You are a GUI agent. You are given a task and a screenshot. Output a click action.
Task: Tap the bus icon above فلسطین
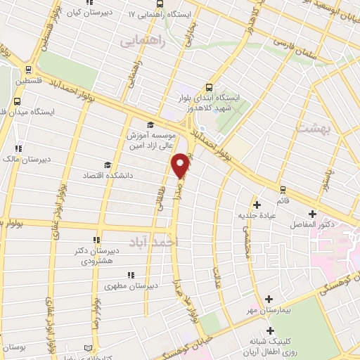click(x=28, y=70)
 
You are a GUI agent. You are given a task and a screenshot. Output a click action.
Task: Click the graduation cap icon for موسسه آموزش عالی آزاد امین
click(x=150, y=126)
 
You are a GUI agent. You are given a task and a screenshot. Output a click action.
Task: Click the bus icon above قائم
click(x=283, y=189)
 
